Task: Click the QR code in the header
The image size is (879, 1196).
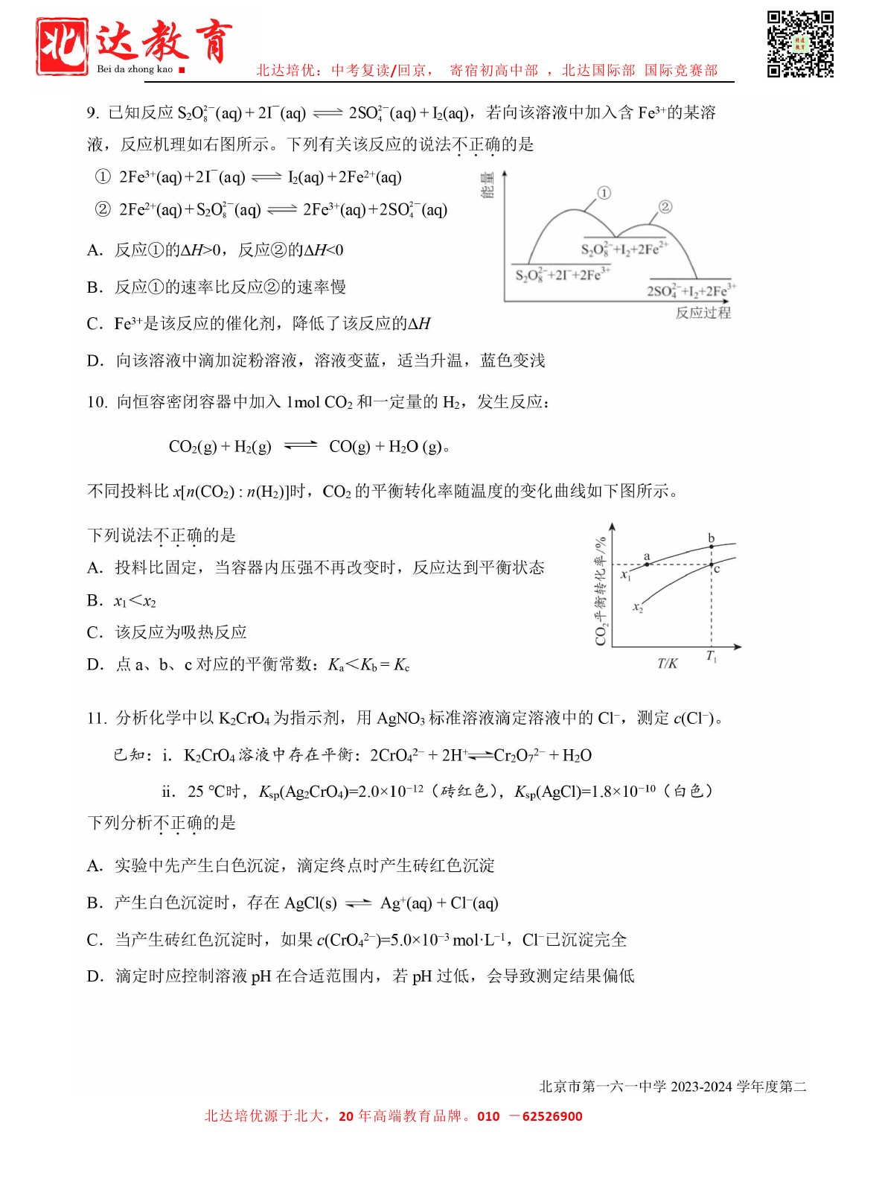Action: tap(800, 44)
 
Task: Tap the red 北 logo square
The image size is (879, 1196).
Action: tap(63, 46)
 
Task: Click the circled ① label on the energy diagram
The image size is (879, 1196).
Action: tap(604, 193)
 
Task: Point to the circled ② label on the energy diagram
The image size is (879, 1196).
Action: tap(665, 206)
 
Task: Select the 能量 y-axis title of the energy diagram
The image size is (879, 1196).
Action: tap(488, 185)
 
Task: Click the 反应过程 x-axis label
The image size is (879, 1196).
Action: tap(703, 313)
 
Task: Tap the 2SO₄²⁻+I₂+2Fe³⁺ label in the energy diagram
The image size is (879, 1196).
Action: tap(691, 290)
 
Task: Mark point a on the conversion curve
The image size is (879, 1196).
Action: tap(647, 564)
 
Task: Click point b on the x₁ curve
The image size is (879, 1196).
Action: tap(712, 547)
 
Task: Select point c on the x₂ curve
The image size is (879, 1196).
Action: tap(712, 565)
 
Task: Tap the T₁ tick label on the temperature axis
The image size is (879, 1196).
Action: tap(712, 656)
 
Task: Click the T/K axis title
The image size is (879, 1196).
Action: tap(667, 663)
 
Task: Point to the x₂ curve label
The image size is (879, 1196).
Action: tap(638, 608)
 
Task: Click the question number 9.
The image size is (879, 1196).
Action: tap(92, 113)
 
